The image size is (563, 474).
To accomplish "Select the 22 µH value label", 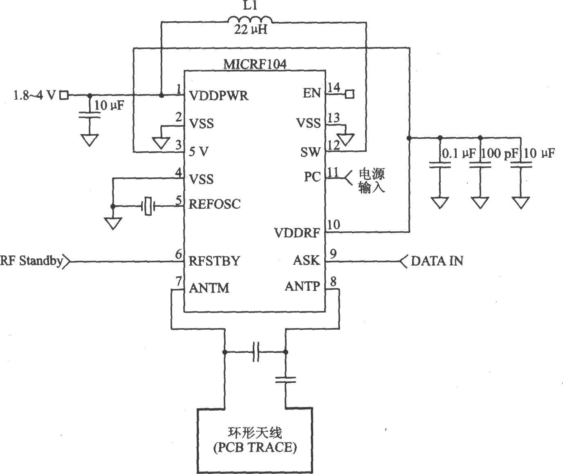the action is (x=251, y=29).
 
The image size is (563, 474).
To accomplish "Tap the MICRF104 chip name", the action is (x=255, y=65).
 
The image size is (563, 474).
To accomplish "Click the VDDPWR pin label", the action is (x=218, y=96).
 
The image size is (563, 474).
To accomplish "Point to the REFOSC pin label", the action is (x=214, y=204).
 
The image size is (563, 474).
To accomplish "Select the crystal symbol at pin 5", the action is (x=148, y=206).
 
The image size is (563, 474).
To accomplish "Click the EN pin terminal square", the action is (x=350, y=94).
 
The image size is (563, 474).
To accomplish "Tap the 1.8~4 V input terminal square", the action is (x=64, y=95).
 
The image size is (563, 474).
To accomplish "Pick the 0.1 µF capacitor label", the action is (x=459, y=153).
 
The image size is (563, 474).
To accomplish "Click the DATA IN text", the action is (x=437, y=261).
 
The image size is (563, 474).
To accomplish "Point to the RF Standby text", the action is (x=31, y=261).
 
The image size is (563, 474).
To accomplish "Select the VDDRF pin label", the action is (x=297, y=233).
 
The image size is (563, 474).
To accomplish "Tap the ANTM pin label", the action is (x=209, y=288).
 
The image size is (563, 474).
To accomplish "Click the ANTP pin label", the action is (x=302, y=286).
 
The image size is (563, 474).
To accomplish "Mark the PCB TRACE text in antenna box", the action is (x=255, y=447).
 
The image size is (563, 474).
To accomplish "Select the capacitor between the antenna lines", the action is (x=256, y=352).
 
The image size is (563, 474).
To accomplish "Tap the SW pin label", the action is (x=310, y=152).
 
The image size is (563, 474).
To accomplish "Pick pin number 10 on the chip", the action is (x=334, y=224).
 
